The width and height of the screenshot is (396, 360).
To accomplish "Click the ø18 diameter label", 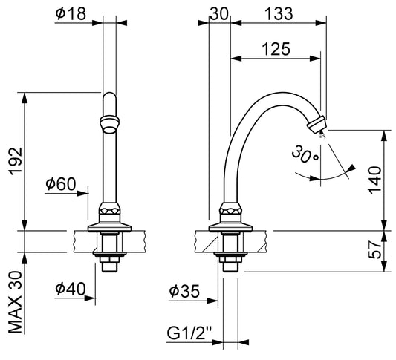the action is pyautogui.click(x=71, y=13).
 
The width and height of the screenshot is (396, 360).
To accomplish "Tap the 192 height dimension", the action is pyautogui.click(x=16, y=161).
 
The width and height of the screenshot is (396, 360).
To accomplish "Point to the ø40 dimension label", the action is pyautogui.click(x=71, y=289).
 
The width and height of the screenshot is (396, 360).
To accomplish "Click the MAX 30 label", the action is pyautogui.click(x=16, y=303).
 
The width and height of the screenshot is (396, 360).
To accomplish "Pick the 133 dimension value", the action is pyautogui.click(x=279, y=13).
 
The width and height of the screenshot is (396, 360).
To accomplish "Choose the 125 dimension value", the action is pyautogui.click(x=276, y=49).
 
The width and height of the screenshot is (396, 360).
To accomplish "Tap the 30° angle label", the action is pyautogui.click(x=305, y=154).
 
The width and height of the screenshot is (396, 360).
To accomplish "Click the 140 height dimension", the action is pyautogui.click(x=374, y=180).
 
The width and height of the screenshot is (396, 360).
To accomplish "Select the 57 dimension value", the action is pyautogui.click(x=374, y=249).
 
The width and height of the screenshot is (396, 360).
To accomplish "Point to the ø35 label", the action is pyautogui.click(x=184, y=292).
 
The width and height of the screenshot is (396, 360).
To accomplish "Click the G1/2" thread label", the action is pyautogui.click(x=189, y=333).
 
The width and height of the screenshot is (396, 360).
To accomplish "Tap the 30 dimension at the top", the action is pyautogui.click(x=219, y=13).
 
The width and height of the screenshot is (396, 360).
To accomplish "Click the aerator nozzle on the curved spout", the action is pyautogui.click(x=317, y=125).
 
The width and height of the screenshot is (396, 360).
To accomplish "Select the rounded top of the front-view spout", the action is pyautogui.click(x=110, y=98).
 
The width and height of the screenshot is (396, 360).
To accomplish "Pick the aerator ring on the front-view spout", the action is pyautogui.click(x=110, y=124).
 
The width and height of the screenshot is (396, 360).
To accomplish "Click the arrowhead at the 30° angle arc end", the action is pyautogui.click(x=351, y=168).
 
